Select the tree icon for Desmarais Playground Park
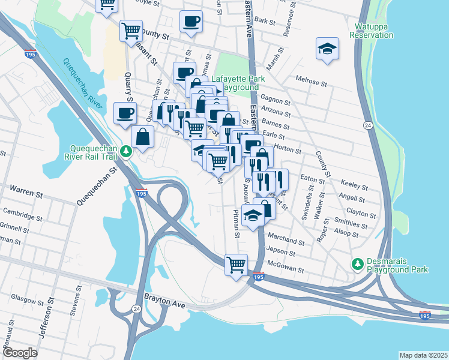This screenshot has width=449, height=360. tap(358, 263)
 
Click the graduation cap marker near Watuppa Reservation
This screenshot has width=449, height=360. tap(327, 50)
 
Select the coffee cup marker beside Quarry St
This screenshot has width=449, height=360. tap(125, 113)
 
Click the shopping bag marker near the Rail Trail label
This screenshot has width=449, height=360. tap(142, 137)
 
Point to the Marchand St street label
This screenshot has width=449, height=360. tap(287, 241)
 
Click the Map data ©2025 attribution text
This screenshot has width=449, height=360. tap(423, 355)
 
